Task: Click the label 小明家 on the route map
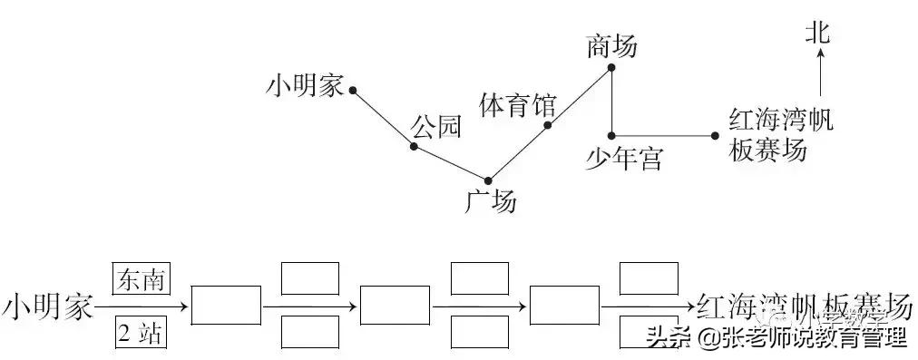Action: pos(305,86)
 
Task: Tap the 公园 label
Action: pos(435,126)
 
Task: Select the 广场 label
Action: pos(490,201)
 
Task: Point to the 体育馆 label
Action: pos(517,105)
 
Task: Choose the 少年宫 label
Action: pos(623,161)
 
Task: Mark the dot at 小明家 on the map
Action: pos(353,90)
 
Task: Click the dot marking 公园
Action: pos(414,145)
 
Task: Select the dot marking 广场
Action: pos(488,180)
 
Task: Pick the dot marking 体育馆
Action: pos(548,125)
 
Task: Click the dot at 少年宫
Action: pos(612,136)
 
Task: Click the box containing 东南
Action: pos(141,278)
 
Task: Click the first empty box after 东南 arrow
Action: pos(226,305)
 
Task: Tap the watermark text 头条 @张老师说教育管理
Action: pos(776,338)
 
